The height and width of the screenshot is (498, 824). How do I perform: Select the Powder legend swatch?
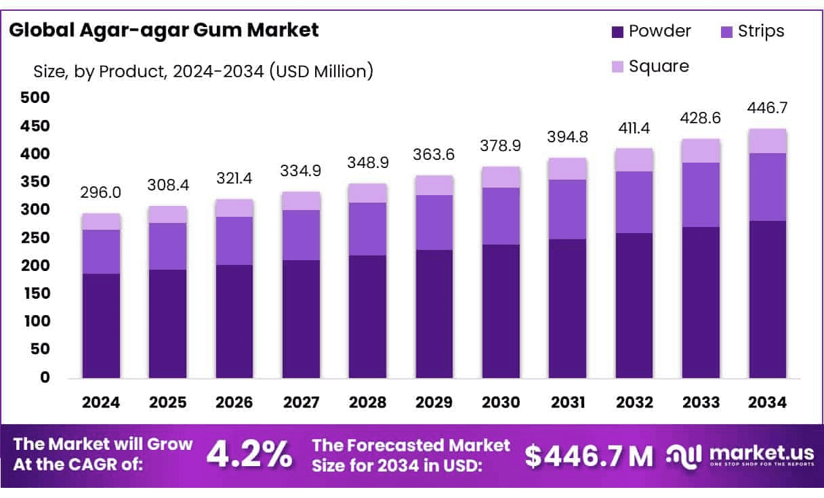(x=617, y=32)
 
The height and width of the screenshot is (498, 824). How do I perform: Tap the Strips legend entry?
(x=751, y=32)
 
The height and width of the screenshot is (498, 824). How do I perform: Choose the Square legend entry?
(x=650, y=66)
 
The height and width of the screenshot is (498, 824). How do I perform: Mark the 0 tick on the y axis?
(x=45, y=377)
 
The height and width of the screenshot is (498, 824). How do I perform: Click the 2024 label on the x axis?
(x=101, y=402)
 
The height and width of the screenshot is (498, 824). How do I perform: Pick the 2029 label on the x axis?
(x=434, y=402)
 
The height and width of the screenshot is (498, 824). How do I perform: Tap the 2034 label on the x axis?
(x=768, y=402)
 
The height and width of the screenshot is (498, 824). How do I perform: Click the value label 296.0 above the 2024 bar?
(x=101, y=193)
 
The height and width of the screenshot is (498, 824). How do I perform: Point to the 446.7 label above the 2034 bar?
(x=768, y=108)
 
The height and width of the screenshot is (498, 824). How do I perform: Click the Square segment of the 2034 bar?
(x=768, y=141)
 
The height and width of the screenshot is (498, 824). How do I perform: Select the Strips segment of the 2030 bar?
(x=501, y=215)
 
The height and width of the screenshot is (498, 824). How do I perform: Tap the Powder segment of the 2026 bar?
(x=234, y=321)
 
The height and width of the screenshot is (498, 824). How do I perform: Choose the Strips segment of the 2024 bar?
(x=101, y=251)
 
